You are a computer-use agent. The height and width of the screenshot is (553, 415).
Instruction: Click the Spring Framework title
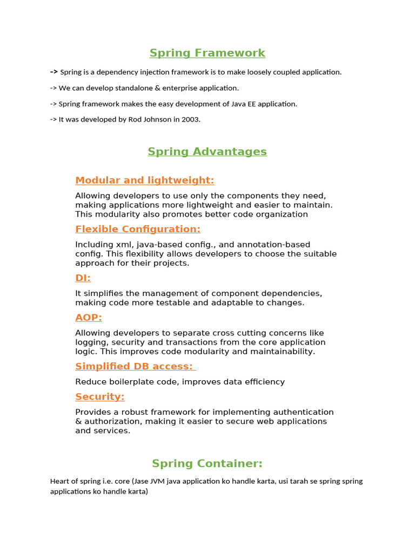coord(207,53)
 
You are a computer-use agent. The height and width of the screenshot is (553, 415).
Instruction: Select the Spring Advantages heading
coord(207,152)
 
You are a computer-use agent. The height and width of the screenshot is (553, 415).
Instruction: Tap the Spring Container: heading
coord(207,464)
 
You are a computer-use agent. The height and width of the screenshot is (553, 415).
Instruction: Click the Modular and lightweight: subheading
coord(145,180)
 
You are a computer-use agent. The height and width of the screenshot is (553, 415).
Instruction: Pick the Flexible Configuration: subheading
coord(138,229)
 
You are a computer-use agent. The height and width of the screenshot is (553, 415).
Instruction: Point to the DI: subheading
coord(83,278)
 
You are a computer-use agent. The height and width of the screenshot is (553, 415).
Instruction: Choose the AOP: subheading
coord(89,318)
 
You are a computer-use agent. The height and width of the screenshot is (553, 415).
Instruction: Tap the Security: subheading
coord(100,397)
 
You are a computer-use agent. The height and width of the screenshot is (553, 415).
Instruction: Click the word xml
coord(122,245)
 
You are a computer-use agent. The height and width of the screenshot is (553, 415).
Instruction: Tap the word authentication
coord(303,412)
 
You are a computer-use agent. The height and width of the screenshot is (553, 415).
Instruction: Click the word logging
coord(91,342)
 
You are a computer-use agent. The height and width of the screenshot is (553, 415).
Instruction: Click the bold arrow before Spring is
coord(54,72)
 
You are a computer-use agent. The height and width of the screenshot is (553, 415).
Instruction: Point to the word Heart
coord(59,481)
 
